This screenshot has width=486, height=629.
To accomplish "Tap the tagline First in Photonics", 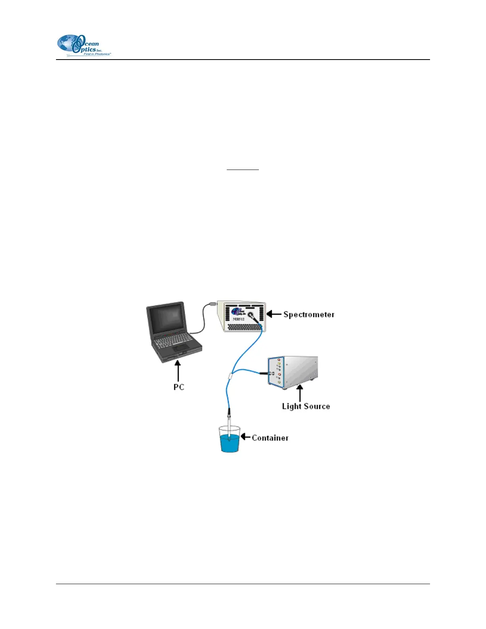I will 96,54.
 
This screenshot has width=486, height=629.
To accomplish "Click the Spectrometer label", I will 309,314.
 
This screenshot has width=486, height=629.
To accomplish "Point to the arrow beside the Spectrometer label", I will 274,314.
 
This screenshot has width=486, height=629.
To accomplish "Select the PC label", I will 179,387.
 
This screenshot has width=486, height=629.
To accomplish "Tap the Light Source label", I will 306,406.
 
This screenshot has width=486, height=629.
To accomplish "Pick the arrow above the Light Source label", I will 300,393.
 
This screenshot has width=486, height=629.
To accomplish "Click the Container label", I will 270,438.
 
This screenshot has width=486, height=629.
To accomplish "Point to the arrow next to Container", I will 246,437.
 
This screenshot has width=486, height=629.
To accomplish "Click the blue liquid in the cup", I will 230,444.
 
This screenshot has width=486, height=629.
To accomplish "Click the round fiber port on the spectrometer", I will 251,315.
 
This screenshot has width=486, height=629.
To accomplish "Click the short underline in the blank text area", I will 243,170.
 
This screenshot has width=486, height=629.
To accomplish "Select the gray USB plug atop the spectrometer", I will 212,304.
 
